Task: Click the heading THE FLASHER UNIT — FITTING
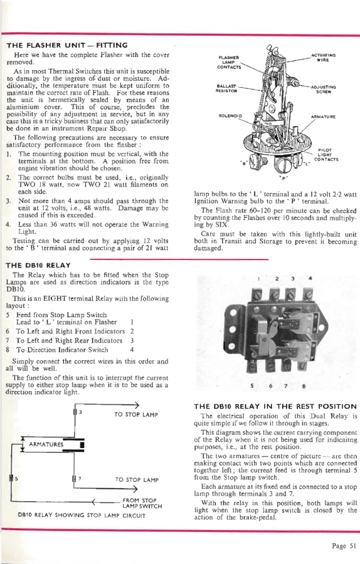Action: click(x=67, y=45)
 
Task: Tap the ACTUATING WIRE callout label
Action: click(x=323, y=58)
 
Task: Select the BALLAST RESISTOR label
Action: click(x=226, y=88)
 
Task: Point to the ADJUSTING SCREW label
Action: click(x=323, y=89)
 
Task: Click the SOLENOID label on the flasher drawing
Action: click(x=230, y=116)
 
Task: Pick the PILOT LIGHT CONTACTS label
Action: click(x=326, y=155)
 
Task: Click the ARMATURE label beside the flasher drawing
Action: click(x=323, y=117)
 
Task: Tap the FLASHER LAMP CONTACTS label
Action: click(x=229, y=62)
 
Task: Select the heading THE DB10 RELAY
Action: click(x=38, y=266)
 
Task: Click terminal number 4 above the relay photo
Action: click(x=310, y=278)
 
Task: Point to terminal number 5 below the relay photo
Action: click(x=252, y=386)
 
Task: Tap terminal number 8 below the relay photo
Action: click(x=304, y=386)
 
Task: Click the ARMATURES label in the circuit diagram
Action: click(x=46, y=444)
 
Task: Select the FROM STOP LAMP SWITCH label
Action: click(x=142, y=503)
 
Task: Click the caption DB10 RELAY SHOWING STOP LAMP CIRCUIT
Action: click(x=82, y=516)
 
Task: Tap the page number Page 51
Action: click(x=344, y=546)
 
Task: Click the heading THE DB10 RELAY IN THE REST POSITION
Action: click(x=275, y=407)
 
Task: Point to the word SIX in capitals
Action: click(x=221, y=225)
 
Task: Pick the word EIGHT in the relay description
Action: click(x=55, y=298)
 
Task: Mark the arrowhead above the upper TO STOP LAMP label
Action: click(x=137, y=405)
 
